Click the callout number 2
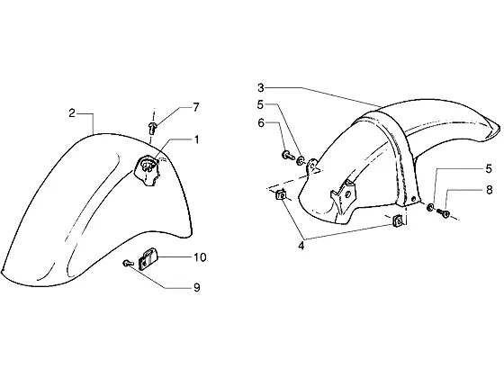[x=72, y=113]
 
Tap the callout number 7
[x=196, y=107]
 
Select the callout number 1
[x=196, y=139]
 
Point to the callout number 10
[x=200, y=257]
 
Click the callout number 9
[x=197, y=287]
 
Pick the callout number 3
[x=261, y=87]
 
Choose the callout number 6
[x=261, y=122]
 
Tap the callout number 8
[x=489, y=190]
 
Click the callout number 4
[x=301, y=246]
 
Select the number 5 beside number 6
[x=260, y=104]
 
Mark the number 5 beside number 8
[x=489, y=169]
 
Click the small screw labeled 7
[x=152, y=128]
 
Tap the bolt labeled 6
[x=288, y=156]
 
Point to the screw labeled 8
[x=443, y=213]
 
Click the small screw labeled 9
[x=128, y=263]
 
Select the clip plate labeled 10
[x=147, y=259]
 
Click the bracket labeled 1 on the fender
[x=146, y=170]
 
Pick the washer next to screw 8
[x=430, y=208]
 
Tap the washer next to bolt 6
[x=301, y=160]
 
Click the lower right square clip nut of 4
[x=398, y=220]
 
